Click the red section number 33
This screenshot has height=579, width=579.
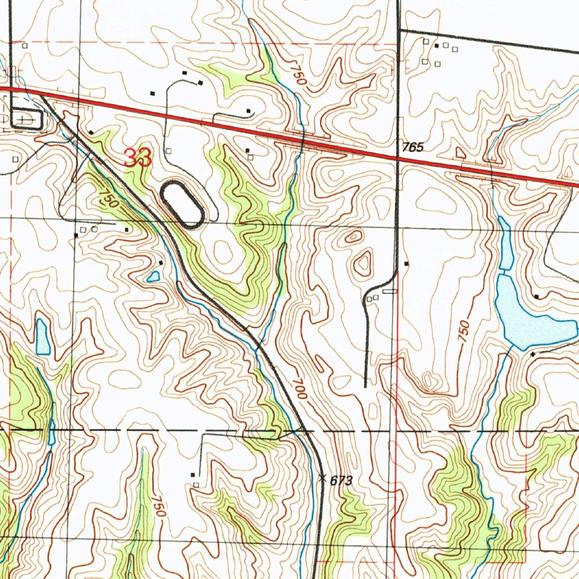(138, 158)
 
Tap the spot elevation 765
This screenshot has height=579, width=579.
(413, 148)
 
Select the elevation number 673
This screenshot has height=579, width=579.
(342, 481)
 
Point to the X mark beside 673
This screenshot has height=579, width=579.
(322, 478)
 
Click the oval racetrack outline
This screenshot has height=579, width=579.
(182, 204)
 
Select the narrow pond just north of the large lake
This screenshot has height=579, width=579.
(505, 243)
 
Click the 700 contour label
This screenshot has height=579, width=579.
(300, 389)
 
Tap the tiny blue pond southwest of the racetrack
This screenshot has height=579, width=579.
(153, 276)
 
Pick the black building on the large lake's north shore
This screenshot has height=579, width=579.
(535, 296)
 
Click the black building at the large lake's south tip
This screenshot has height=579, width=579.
(533, 353)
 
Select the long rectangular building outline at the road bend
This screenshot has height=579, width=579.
(390, 291)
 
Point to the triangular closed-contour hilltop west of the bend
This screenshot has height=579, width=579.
(362, 263)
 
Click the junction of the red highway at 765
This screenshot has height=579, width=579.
(397, 159)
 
